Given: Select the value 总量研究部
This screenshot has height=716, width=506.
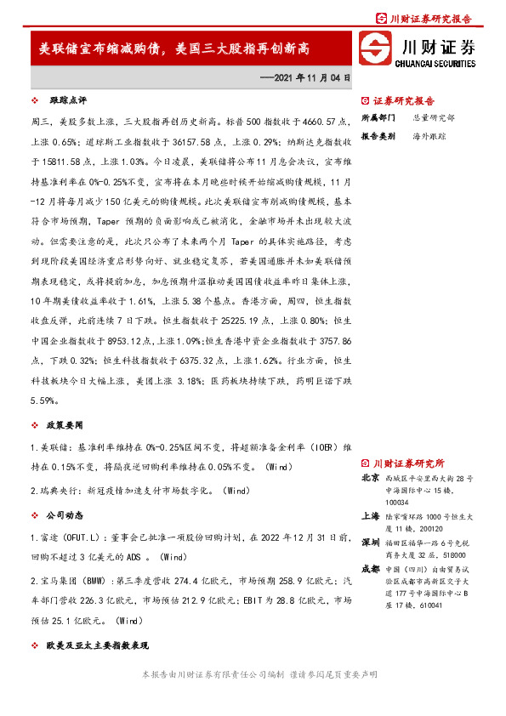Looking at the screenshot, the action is (434, 117).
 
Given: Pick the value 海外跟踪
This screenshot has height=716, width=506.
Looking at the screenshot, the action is (429, 136).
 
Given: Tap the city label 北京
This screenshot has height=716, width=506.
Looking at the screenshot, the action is (370, 478).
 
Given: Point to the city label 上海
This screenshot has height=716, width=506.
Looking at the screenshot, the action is (370, 515).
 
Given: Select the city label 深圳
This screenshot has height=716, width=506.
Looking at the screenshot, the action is (370, 542).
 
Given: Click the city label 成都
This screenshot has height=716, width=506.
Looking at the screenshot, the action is (370, 570).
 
